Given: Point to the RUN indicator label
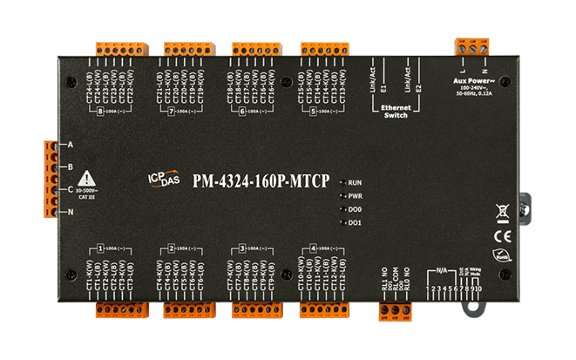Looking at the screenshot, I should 354,183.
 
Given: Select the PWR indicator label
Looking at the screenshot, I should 354,196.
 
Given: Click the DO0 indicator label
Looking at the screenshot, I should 354,210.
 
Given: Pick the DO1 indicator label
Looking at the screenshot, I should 354,224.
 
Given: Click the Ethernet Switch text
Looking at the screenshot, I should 395,111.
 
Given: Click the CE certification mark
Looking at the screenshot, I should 503,234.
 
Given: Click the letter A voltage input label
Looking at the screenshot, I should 70,144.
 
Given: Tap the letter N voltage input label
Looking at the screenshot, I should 70,212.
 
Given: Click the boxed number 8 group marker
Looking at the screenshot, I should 101,112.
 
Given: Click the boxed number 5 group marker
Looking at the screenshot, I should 313,112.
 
